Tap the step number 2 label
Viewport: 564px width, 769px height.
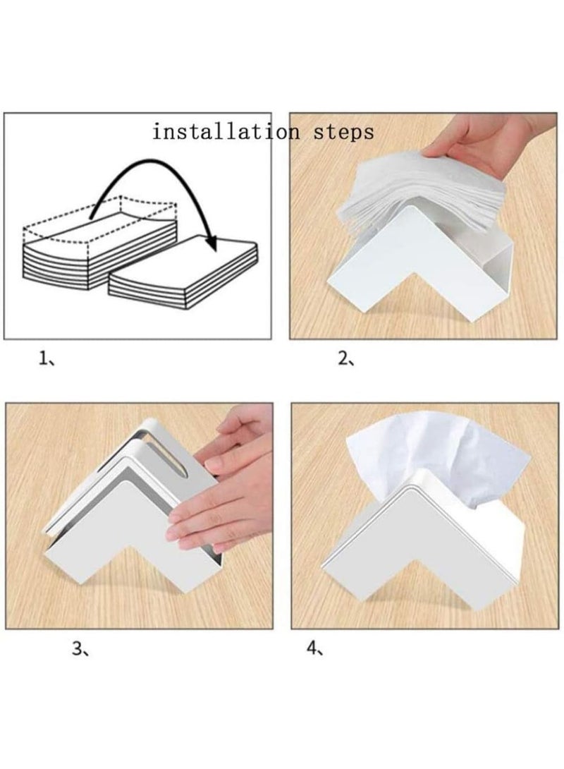pos(345,359)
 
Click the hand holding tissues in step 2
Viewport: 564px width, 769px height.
pos(486,141)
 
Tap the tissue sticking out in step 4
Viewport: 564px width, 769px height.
pos(437,452)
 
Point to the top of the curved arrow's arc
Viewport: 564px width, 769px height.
pos(148,164)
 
